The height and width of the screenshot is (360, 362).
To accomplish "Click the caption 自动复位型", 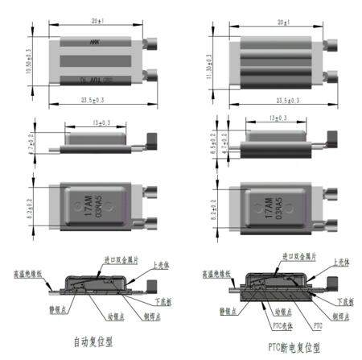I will tap(94, 340).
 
